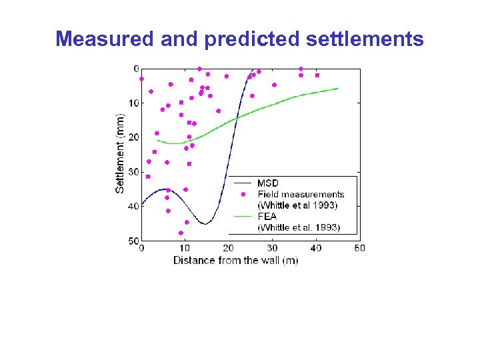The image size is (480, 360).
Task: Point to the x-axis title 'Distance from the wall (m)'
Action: (236, 260)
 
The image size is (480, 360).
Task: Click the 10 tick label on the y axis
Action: (134, 103)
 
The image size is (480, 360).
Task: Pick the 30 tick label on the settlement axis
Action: (134, 172)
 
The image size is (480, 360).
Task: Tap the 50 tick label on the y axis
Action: (134, 241)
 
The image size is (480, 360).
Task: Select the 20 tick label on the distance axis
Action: (228, 248)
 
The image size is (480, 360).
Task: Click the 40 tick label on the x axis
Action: (315, 248)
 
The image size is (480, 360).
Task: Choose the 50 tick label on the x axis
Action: (359, 248)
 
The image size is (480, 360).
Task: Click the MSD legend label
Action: (268, 183)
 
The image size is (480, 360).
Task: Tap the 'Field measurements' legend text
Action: (301, 194)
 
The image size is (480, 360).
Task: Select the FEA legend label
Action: (267, 217)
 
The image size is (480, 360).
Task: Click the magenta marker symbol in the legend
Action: (243, 194)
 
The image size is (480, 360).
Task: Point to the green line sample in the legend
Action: (243, 217)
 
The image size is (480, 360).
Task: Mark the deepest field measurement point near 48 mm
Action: (181, 233)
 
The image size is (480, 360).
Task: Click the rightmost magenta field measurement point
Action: (317, 75)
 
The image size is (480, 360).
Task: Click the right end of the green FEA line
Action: (337, 89)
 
